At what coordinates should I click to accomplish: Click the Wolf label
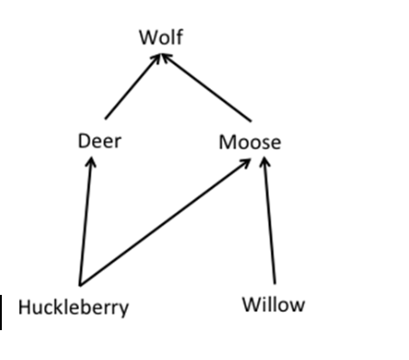[x=160, y=38]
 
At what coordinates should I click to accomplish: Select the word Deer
[x=100, y=142]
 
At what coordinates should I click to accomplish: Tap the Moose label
[x=250, y=142]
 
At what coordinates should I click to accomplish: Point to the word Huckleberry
[x=73, y=308]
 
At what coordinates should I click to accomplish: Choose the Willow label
[x=272, y=304]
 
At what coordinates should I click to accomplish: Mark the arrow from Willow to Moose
[x=269, y=222]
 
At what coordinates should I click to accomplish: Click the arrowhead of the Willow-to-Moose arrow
[x=264, y=165]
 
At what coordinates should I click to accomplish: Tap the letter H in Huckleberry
[x=24, y=308]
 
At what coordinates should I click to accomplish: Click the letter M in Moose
[x=227, y=142]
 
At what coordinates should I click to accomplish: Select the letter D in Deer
[x=84, y=142]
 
